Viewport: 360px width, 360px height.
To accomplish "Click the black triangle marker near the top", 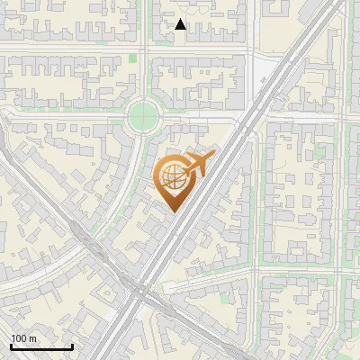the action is [x=180, y=24].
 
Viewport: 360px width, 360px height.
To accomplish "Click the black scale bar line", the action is [x=41, y=346].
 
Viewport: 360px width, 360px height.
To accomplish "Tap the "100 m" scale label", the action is [x=24, y=338].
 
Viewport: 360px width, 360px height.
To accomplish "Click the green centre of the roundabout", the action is [x=142, y=115].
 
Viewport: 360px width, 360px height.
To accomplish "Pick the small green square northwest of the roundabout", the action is [x=133, y=58].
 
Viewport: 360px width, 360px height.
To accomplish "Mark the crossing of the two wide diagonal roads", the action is [x=135, y=292].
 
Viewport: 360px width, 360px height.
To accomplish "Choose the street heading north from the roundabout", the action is [x=144, y=63].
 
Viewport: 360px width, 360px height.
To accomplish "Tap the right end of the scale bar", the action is [x=72, y=346].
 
